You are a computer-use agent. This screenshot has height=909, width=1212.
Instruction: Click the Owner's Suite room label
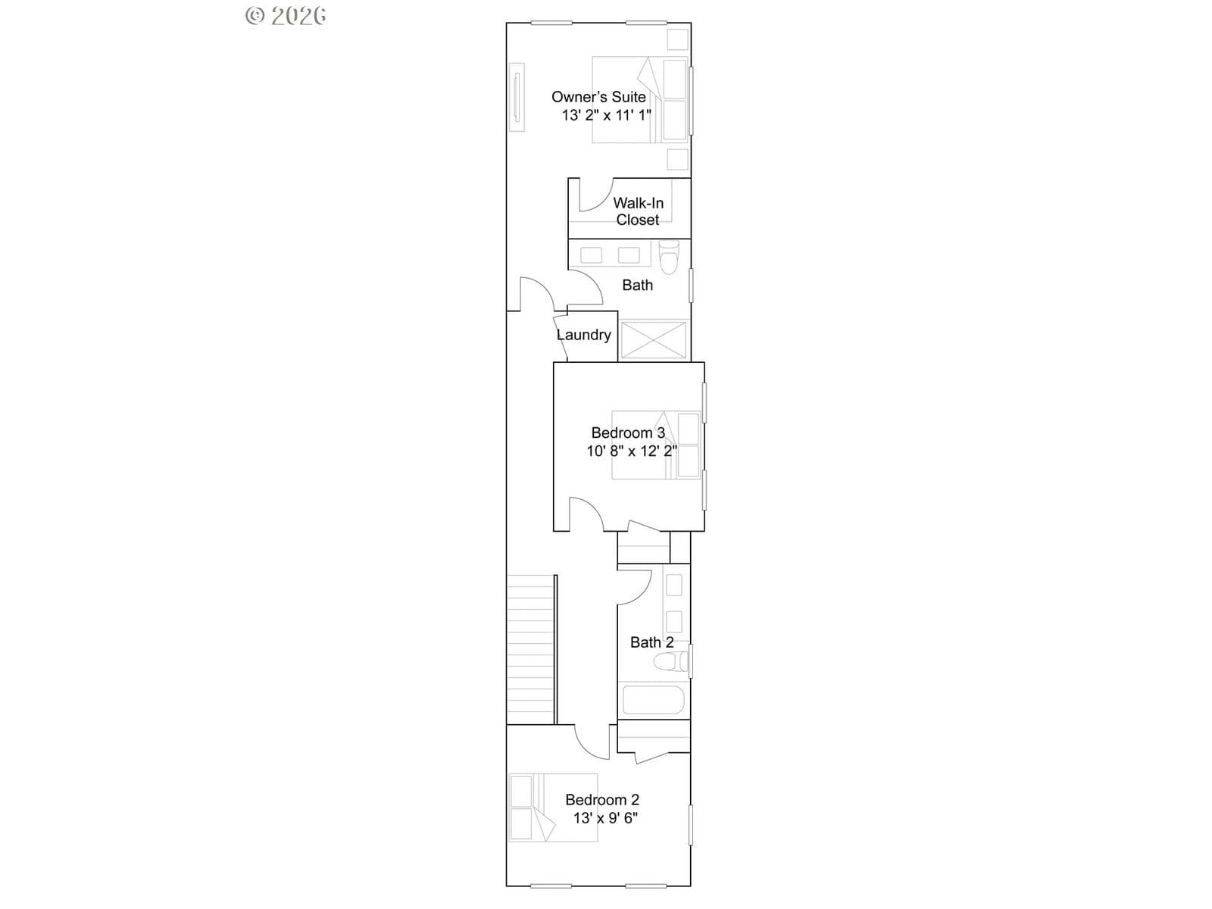click(598, 97)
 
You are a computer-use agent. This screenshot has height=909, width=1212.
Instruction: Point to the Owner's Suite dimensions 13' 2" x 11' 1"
click(606, 115)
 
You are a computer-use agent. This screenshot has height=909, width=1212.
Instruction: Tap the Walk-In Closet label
click(638, 211)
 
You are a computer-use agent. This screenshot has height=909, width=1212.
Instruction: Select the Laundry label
click(583, 335)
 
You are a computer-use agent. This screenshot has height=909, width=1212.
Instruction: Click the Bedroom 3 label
click(628, 433)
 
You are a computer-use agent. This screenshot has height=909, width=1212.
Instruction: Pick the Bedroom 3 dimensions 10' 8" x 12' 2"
click(631, 451)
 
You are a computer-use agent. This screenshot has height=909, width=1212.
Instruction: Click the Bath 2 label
click(651, 642)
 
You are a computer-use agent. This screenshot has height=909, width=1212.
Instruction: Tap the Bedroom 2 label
click(602, 800)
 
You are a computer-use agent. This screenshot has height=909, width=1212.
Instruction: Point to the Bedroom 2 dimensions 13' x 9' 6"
click(605, 818)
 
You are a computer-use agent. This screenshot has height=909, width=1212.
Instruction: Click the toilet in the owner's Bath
click(669, 258)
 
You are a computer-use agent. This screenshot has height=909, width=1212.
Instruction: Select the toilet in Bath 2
click(671, 661)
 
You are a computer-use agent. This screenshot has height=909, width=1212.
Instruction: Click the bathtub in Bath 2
click(654, 700)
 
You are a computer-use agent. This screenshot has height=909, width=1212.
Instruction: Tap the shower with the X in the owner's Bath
click(654, 340)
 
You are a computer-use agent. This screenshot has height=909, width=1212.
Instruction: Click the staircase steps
click(531, 650)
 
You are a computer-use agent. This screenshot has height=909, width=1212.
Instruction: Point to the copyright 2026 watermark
click(286, 16)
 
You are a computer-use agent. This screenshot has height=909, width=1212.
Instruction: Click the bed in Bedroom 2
click(553, 807)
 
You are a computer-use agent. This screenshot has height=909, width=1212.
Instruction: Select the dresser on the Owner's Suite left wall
click(517, 97)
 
